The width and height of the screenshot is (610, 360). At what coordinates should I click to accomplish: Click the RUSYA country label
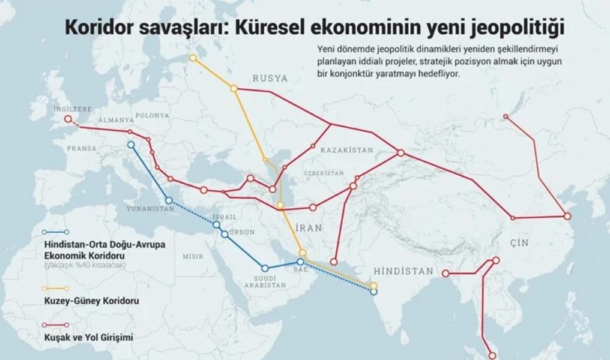[x=270, y=79]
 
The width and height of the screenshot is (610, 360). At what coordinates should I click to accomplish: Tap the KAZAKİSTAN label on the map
[x=346, y=150]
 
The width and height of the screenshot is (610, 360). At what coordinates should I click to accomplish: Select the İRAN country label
[x=310, y=228]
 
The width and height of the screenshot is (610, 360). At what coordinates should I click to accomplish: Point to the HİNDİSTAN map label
[x=402, y=272]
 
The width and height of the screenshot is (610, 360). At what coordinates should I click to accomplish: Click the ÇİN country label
[x=519, y=242]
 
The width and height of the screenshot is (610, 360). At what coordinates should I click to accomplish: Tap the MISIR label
[x=193, y=256]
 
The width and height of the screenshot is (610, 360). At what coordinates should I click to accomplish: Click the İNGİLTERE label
[x=73, y=110]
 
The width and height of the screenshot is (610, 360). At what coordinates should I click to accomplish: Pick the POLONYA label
[x=152, y=116]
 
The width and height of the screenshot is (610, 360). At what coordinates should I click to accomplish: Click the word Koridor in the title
[x=97, y=28]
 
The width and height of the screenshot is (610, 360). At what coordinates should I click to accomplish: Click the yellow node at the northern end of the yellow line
[x=193, y=58]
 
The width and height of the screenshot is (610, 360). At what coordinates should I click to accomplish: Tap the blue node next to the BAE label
[x=300, y=262]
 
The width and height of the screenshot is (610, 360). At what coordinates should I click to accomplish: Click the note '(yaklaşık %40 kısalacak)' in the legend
[x=84, y=265]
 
